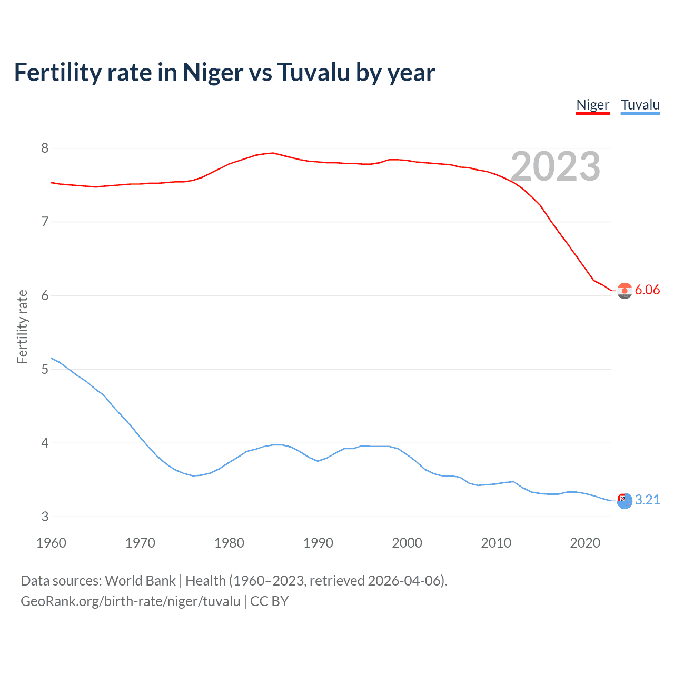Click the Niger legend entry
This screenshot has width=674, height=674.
pos(592,105)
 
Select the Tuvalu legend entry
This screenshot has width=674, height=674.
pos(640,105)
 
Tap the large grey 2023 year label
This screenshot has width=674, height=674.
pos(555,166)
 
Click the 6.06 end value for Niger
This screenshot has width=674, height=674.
pos(647,290)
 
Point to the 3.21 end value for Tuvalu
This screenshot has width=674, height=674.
pos(647,500)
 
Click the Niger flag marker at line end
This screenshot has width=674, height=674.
pos(625,291)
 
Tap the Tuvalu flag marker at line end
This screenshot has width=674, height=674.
pos(625,501)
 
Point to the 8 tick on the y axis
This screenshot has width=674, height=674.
pos(45,148)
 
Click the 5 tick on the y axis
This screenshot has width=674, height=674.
pos(45,369)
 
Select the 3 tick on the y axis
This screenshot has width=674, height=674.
pos(45,517)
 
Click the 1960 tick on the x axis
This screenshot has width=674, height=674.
pos(51,543)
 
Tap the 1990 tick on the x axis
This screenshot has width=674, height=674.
pos(318,543)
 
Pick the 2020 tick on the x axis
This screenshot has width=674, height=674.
pos(585,543)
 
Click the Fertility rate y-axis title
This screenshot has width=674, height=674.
pos(22,326)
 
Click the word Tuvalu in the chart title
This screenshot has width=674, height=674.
pos(313,72)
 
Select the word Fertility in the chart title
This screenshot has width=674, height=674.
pos(58,72)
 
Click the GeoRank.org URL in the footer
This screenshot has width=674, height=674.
pos(130,601)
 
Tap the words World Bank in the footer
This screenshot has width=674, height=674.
pos(140,581)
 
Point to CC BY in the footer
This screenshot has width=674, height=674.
pos(269,601)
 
